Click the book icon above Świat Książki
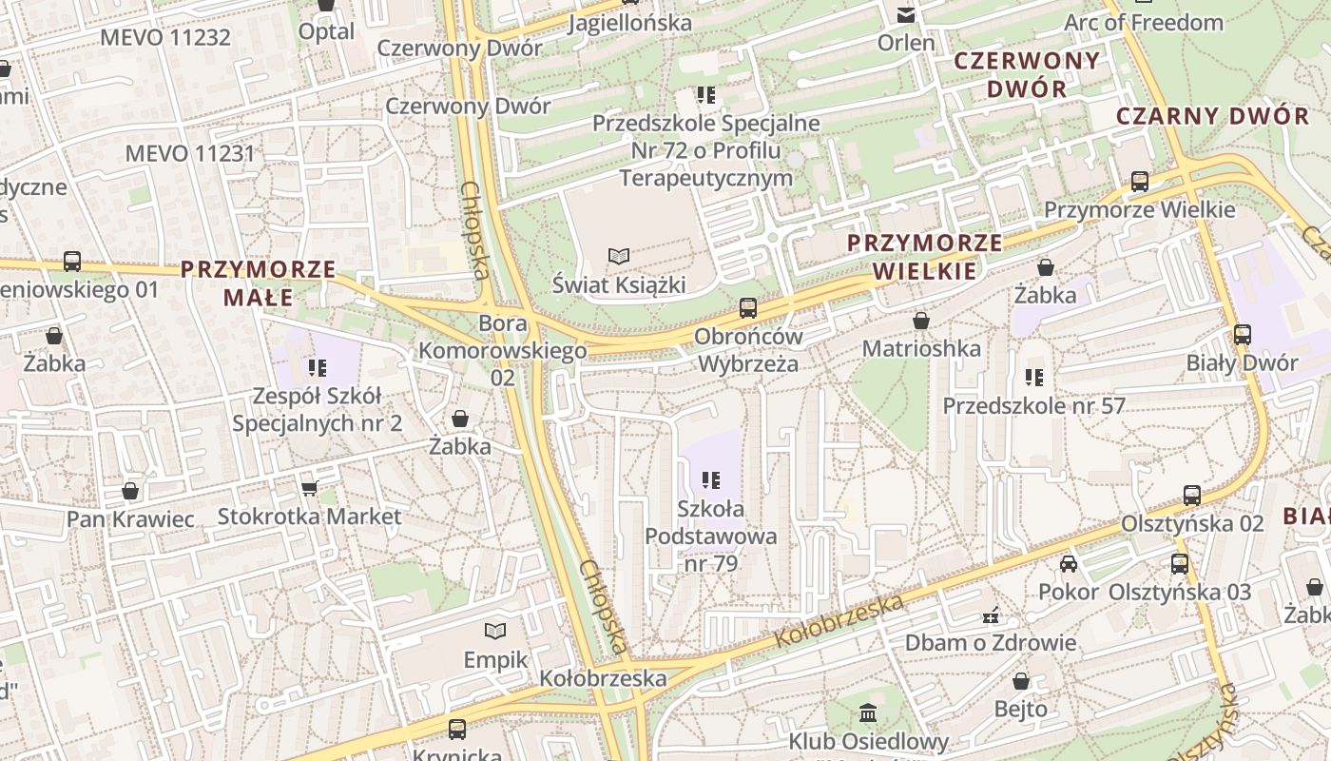point(619,256)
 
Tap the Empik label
point(495,659)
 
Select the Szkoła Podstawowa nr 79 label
point(711,536)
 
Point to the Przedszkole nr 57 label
point(1033,406)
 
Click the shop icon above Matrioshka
point(920,321)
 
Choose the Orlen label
point(906,43)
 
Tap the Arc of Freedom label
point(1144,22)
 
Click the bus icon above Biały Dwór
point(1242,334)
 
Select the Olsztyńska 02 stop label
point(1192,523)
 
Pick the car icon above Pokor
point(1069,563)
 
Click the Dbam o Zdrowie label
point(990,642)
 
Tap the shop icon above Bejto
point(1021,681)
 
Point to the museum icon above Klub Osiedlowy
point(868,712)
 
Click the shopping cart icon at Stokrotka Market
point(309,488)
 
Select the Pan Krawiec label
point(130,519)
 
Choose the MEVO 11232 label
point(165,37)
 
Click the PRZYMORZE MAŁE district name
point(259,283)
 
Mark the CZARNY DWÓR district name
point(1212,116)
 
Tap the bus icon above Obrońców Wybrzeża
point(748,307)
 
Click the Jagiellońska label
point(629,22)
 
